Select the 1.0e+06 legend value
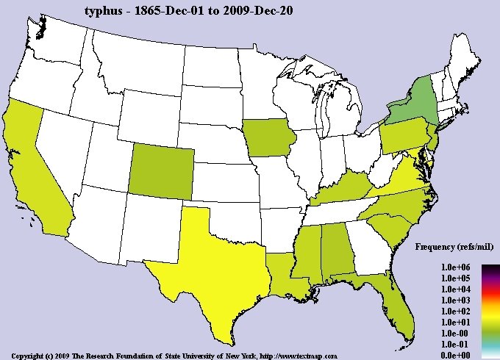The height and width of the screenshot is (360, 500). point(455,267)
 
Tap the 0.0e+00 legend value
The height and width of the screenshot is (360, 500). point(455,355)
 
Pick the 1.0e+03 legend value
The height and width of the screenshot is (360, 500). point(455,300)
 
